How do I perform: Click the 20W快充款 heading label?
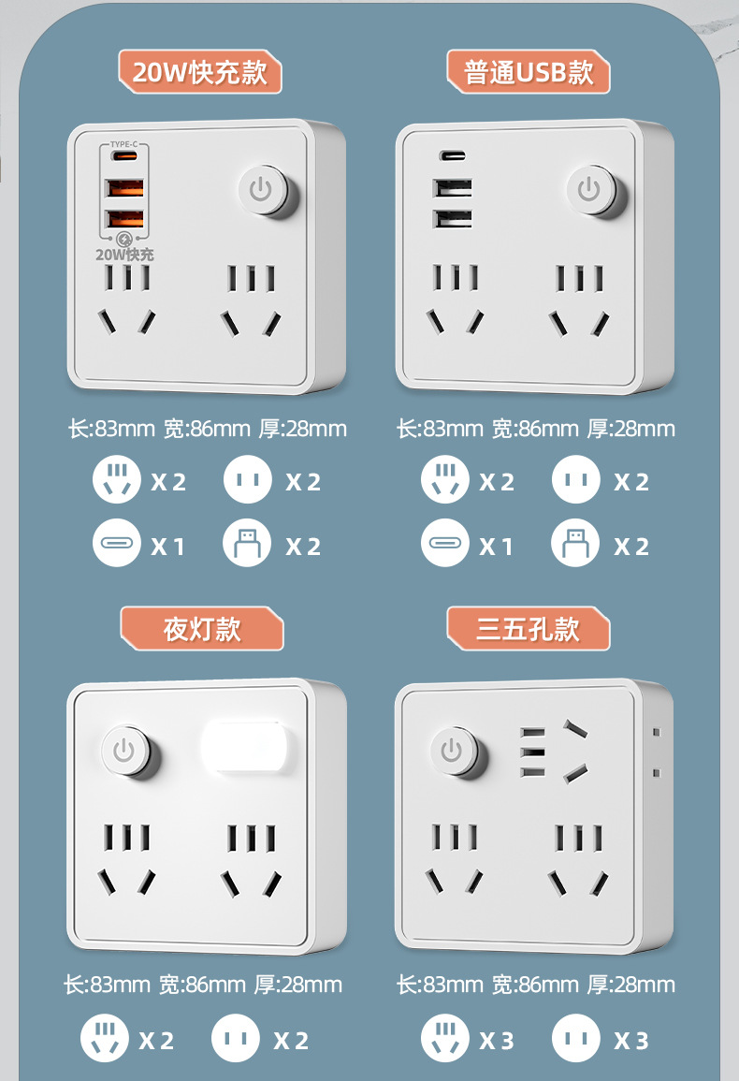point(200,72)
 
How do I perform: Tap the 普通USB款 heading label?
point(529,72)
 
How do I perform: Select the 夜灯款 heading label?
point(202,629)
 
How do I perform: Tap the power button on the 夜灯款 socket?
point(125,750)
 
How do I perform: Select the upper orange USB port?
point(124,188)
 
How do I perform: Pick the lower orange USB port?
point(124,220)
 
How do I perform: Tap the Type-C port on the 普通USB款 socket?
point(453,156)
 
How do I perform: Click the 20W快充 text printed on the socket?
point(124,254)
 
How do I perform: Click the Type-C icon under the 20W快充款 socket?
point(116,543)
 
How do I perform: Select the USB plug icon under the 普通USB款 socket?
point(575,543)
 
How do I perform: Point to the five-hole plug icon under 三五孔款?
point(444,1039)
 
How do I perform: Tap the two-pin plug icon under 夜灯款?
point(236,1039)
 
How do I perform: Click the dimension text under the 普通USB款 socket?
point(535,429)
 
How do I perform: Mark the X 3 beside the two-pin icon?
point(631,1040)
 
